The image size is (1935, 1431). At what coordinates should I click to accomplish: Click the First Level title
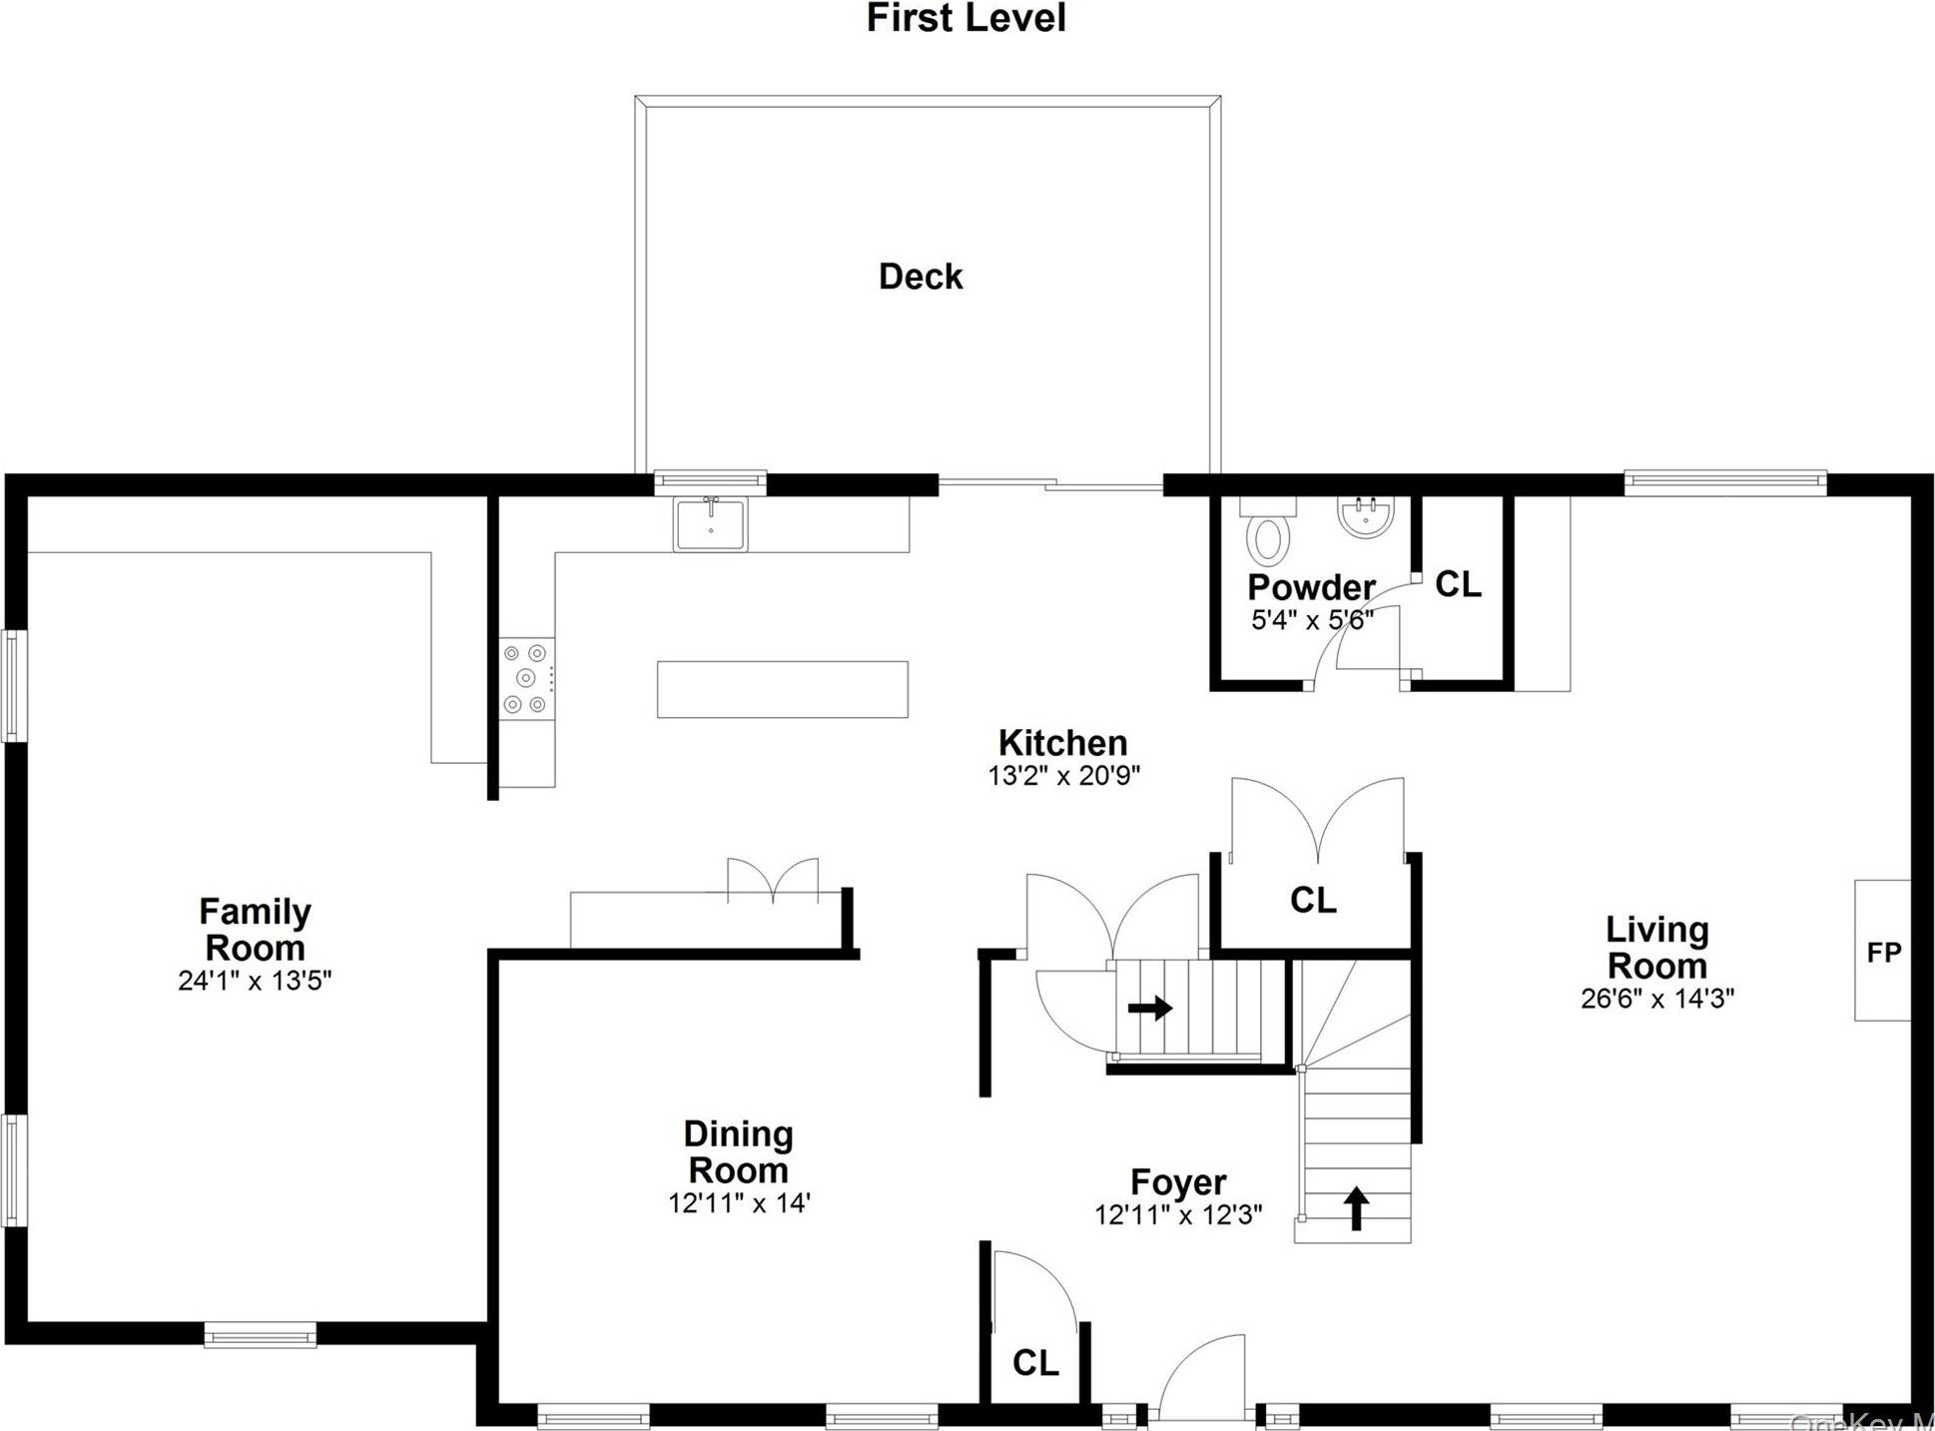coord(966,18)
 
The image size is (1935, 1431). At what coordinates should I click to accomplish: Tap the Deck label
coord(920,277)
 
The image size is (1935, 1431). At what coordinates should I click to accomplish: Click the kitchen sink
coord(710,524)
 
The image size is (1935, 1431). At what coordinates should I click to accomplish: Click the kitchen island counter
coord(782,689)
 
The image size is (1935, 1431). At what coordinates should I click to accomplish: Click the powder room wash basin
coord(1365,516)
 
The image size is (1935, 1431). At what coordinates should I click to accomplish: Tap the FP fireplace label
coord(1884,953)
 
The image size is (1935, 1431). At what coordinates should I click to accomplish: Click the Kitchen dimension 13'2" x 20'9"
coord(1063,776)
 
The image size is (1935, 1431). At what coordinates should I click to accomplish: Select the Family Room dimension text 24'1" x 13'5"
coord(255,981)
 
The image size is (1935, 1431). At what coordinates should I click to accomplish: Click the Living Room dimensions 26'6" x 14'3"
coord(1656,998)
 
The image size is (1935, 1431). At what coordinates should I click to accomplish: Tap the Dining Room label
coord(738,1151)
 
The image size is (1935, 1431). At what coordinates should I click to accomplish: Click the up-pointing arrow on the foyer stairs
coord(1355,1207)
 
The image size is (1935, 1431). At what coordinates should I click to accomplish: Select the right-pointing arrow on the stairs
coord(1150,1008)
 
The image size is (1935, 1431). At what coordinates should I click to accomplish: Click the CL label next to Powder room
coord(1458,584)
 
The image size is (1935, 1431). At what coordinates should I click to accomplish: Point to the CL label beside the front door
coord(1035,1362)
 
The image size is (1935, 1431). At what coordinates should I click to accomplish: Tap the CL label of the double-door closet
coord(1312,900)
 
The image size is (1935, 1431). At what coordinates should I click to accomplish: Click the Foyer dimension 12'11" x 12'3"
coord(1178,1214)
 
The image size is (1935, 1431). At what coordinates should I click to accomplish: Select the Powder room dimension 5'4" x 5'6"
coord(1312,620)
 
